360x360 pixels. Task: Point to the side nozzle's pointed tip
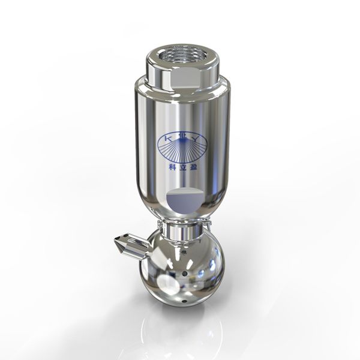point(116,242)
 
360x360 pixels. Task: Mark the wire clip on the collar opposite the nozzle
point(206,227)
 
